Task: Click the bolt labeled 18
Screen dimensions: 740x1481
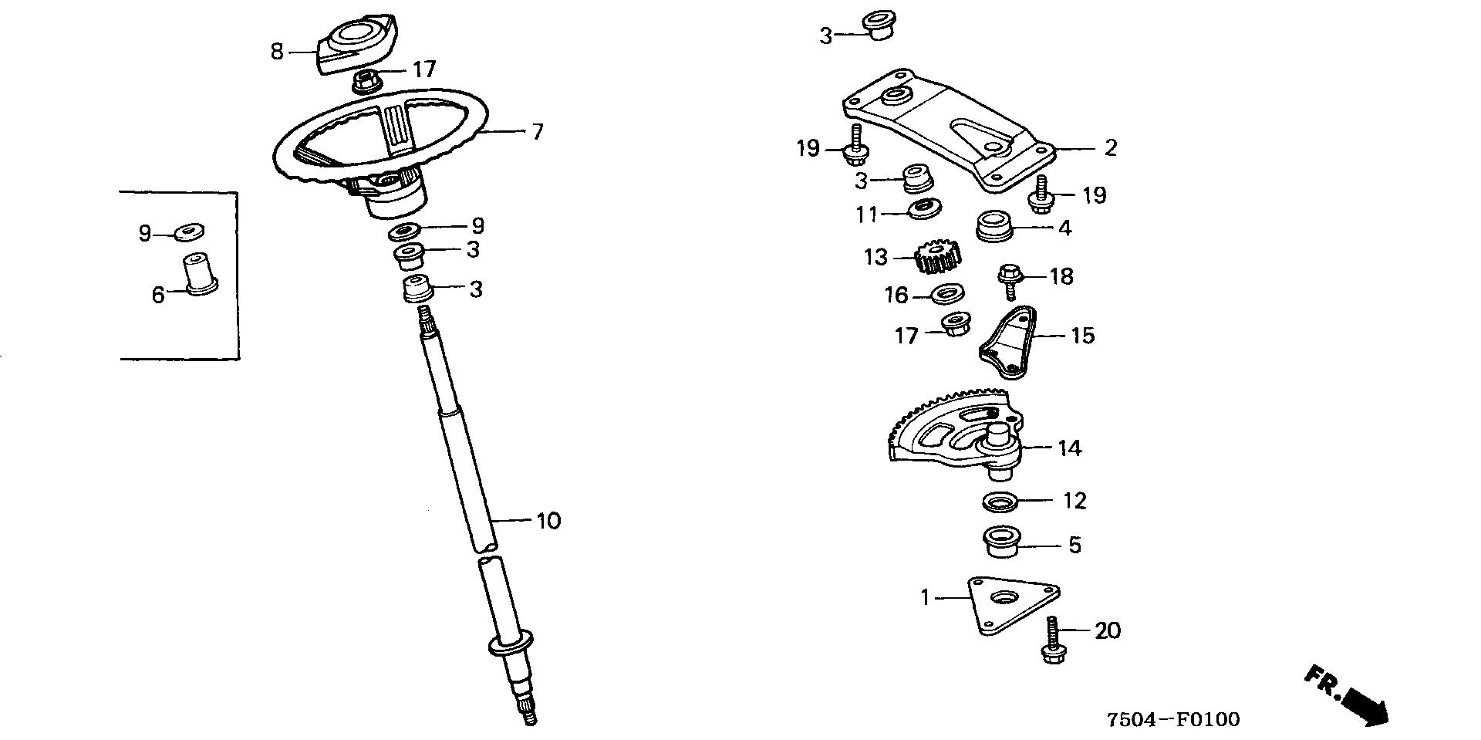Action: [1010, 279]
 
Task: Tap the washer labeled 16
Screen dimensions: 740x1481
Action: [945, 294]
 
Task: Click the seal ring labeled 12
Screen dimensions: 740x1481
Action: [1000, 502]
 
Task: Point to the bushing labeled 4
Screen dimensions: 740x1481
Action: [994, 225]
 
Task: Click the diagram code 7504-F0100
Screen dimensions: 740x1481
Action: [1173, 720]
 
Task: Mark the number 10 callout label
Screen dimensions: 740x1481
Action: [548, 521]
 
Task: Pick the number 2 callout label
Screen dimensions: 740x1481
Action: [1110, 147]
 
